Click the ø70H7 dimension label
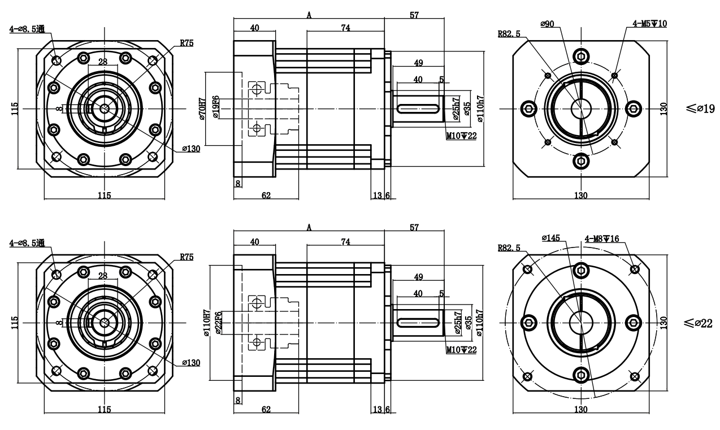pos(201,107)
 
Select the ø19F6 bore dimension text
pos(215,108)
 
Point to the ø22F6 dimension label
pos(218,323)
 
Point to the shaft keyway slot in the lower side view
pos(419,322)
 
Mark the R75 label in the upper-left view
pos(186,42)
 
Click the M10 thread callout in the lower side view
pos(461,350)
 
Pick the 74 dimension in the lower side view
pos(345,242)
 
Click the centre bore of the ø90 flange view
pos(580,108)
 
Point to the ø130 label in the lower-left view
pos(190,362)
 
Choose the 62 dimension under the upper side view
pos(266,195)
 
